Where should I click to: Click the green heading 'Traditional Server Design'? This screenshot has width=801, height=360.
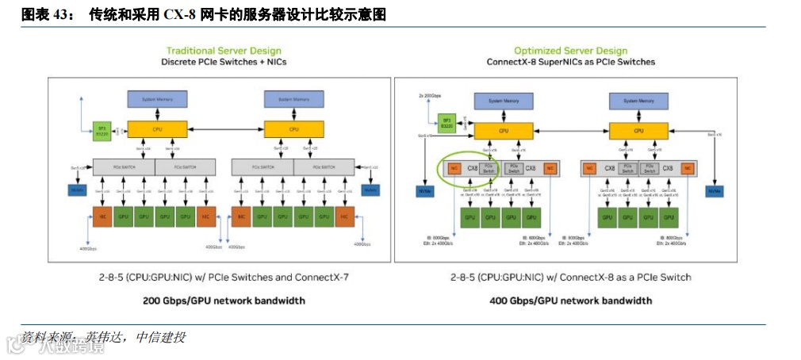(x=224, y=51)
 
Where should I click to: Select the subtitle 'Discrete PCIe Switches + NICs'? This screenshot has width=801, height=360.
(x=224, y=62)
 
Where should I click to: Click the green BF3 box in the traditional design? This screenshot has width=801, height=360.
(x=101, y=130)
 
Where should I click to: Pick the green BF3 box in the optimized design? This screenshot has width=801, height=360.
(x=446, y=123)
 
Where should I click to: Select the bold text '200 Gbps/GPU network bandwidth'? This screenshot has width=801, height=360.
(x=224, y=301)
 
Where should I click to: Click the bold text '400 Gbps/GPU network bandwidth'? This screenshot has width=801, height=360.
(x=570, y=301)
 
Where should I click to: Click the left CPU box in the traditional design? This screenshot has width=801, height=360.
(x=158, y=128)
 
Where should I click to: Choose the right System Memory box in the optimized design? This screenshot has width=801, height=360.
(x=638, y=101)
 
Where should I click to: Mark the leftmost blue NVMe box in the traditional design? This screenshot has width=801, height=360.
(x=78, y=190)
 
